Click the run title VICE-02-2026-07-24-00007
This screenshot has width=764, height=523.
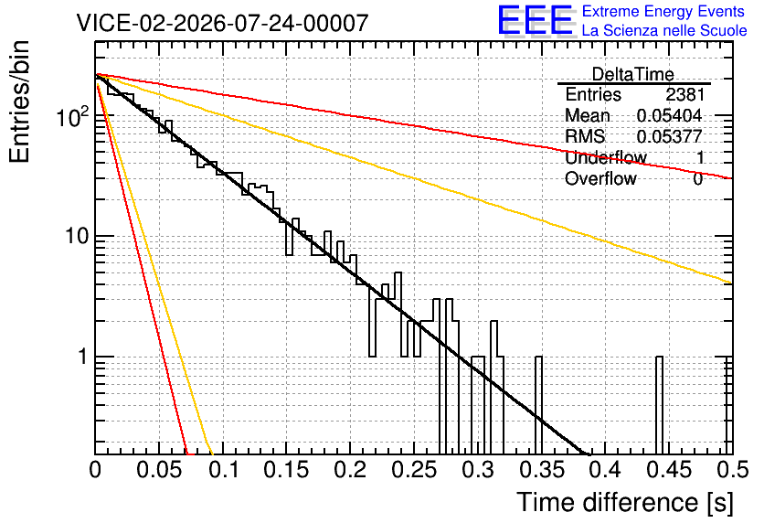click(222, 23)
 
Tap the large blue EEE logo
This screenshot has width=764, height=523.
click(536, 20)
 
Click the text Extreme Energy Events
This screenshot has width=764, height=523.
click(663, 11)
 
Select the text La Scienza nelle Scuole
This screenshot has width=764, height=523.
click(664, 30)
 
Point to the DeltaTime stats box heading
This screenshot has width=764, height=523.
click(633, 74)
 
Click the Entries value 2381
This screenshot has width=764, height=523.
click(685, 94)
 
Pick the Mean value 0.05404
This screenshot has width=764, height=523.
click(670, 115)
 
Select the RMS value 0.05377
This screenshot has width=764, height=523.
click(670, 136)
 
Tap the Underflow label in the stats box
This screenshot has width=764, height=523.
click(606, 157)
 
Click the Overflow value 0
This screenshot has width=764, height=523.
click(698, 179)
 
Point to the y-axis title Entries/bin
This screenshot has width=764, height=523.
click(19, 101)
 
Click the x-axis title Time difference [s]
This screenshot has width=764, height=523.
click(625, 503)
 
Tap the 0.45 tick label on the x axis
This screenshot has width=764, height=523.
click(670, 470)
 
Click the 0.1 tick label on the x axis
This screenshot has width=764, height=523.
click(225, 470)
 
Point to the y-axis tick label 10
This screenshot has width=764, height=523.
click(78, 236)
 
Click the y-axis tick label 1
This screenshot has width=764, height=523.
click(82, 357)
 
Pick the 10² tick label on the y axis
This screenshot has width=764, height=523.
click(73, 116)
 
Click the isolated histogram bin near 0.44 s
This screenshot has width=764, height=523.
click(659, 404)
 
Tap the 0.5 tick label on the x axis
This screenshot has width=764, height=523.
click(732, 470)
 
